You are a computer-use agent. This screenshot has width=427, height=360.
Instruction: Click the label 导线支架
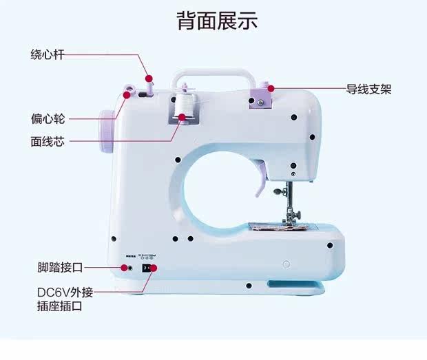click(x=368, y=89)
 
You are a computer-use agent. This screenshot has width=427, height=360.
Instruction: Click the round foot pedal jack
click(x=128, y=266)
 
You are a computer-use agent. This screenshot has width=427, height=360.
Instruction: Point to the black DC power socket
click(x=145, y=267)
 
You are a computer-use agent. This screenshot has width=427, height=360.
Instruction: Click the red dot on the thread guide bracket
click(x=271, y=88)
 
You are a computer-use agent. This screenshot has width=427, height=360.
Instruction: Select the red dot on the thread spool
click(x=183, y=117)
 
